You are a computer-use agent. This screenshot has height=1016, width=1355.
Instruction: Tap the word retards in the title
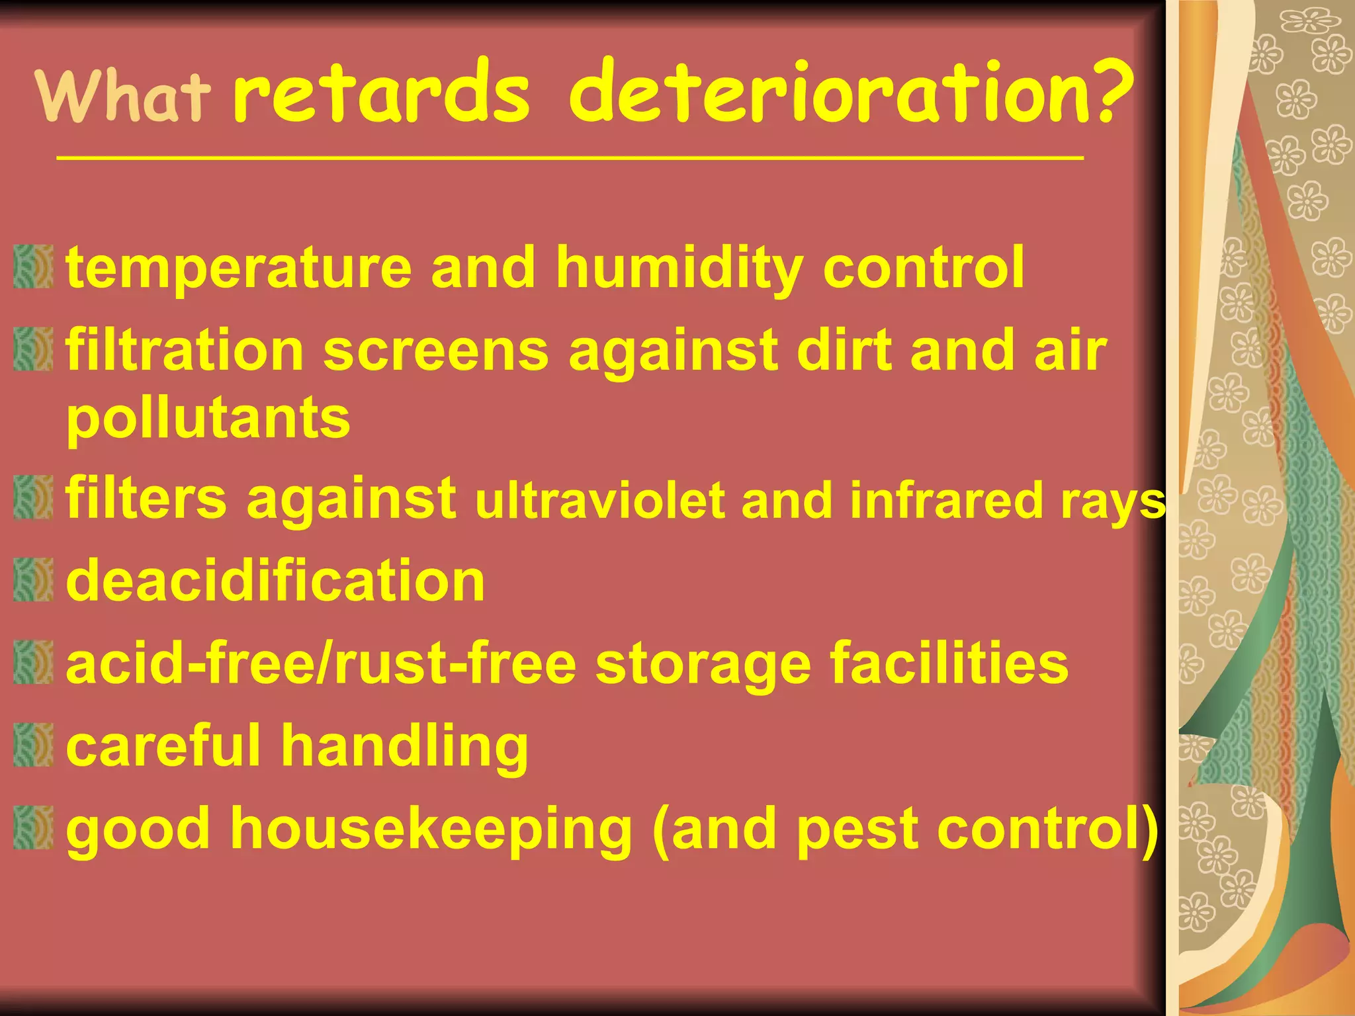click(x=381, y=93)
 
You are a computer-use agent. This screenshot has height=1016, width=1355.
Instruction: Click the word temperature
click(x=238, y=269)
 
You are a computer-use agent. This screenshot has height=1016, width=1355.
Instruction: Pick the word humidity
click(x=679, y=269)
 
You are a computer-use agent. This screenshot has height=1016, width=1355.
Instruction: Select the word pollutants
click(x=208, y=419)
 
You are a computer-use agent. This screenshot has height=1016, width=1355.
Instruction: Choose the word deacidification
click(x=275, y=581)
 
